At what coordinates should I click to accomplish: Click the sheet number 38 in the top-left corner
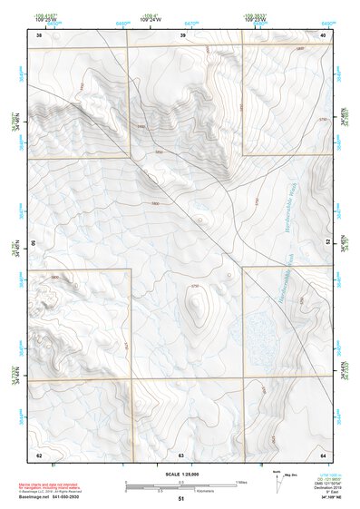[x=39, y=35]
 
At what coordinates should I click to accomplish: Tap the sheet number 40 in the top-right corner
[x=324, y=35]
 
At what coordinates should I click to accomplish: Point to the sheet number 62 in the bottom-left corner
[x=39, y=454]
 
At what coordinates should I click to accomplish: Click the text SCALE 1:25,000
[x=180, y=474]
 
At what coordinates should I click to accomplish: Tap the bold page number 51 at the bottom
[x=181, y=499]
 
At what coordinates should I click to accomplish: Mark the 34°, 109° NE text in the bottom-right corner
[x=322, y=497]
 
